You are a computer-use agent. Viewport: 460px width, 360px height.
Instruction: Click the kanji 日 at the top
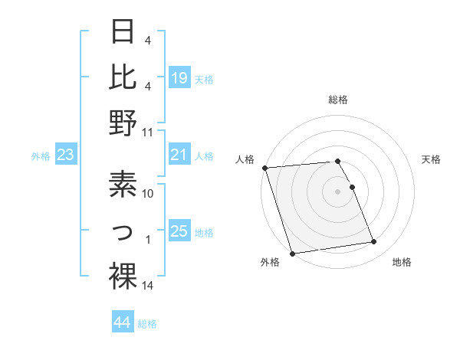pos(123,33)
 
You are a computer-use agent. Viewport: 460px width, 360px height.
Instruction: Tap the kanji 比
pos(123,77)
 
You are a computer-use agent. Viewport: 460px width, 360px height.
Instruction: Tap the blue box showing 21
pos(179,155)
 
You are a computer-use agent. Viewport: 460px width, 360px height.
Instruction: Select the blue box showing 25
pos(179,231)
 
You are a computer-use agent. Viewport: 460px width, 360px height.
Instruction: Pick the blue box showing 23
pos(66,155)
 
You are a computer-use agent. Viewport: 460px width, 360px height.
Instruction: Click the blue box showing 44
pos(123,323)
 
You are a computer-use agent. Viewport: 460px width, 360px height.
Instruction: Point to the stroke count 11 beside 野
pos(147,133)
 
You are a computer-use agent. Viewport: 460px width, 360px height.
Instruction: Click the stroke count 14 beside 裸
pos(148,286)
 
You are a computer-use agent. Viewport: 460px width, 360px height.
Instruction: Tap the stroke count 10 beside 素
pos(148,194)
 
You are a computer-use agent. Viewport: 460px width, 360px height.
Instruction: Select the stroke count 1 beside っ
pos(148,240)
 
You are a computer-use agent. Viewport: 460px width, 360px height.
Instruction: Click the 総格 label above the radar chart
pos(338,100)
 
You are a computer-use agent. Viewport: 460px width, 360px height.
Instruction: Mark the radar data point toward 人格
pos(264,168)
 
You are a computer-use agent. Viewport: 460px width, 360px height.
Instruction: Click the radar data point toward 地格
pos(374,242)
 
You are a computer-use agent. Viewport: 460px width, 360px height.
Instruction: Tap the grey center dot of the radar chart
pos(338,191)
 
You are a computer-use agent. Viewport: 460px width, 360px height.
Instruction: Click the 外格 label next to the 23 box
pos(41,156)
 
